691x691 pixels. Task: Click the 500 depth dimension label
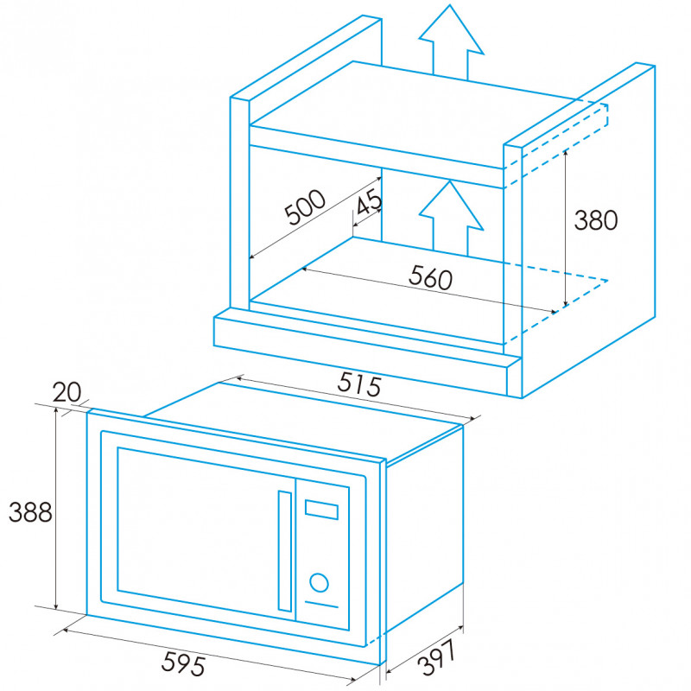(x=305, y=206)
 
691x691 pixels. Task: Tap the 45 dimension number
(x=369, y=201)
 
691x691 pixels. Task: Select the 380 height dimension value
(x=596, y=220)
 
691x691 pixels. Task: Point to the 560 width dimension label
(x=430, y=277)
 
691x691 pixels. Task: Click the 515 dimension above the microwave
(x=359, y=384)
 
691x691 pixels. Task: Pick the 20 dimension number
(x=67, y=392)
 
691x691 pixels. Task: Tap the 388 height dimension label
(x=30, y=512)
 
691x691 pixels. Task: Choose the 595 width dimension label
(x=183, y=662)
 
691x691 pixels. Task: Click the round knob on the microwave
(x=319, y=582)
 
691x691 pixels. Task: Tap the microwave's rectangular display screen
(x=321, y=510)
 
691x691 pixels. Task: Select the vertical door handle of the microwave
(x=285, y=551)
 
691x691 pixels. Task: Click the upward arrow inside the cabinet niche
(x=451, y=219)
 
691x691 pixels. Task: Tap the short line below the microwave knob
(x=321, y=605)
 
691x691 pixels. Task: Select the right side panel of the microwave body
(x=424, y=529)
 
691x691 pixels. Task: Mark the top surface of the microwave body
(x=304, y=420)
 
